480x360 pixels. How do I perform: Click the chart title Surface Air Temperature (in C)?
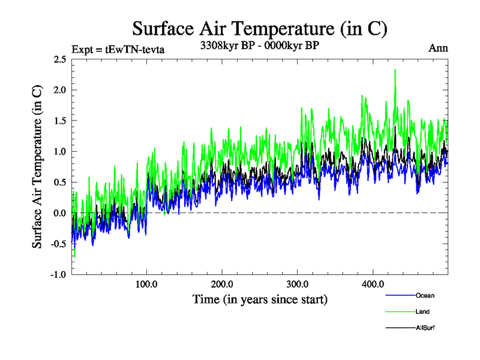point(260,29)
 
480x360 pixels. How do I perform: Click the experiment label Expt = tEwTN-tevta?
point(118,49)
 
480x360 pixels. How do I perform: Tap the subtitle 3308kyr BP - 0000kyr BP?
point(260,44)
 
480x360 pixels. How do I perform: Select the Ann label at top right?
point(438,47)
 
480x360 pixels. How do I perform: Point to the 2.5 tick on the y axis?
point(59,59)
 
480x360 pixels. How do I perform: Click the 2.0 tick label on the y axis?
point(59,90)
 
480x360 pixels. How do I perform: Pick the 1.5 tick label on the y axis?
point(59,121)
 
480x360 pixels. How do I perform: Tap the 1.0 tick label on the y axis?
point(59,151)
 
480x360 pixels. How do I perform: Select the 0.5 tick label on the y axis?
point(59,182)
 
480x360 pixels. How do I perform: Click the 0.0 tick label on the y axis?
point(59,213)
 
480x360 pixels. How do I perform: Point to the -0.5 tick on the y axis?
point(58,244)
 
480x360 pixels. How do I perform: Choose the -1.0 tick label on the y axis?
point(58,274)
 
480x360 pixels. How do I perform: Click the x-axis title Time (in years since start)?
point(260,298)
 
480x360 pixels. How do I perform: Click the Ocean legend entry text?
point(425,295)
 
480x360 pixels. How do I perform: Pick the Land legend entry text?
point(422,311)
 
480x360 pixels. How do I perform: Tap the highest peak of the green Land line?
point(395,70)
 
